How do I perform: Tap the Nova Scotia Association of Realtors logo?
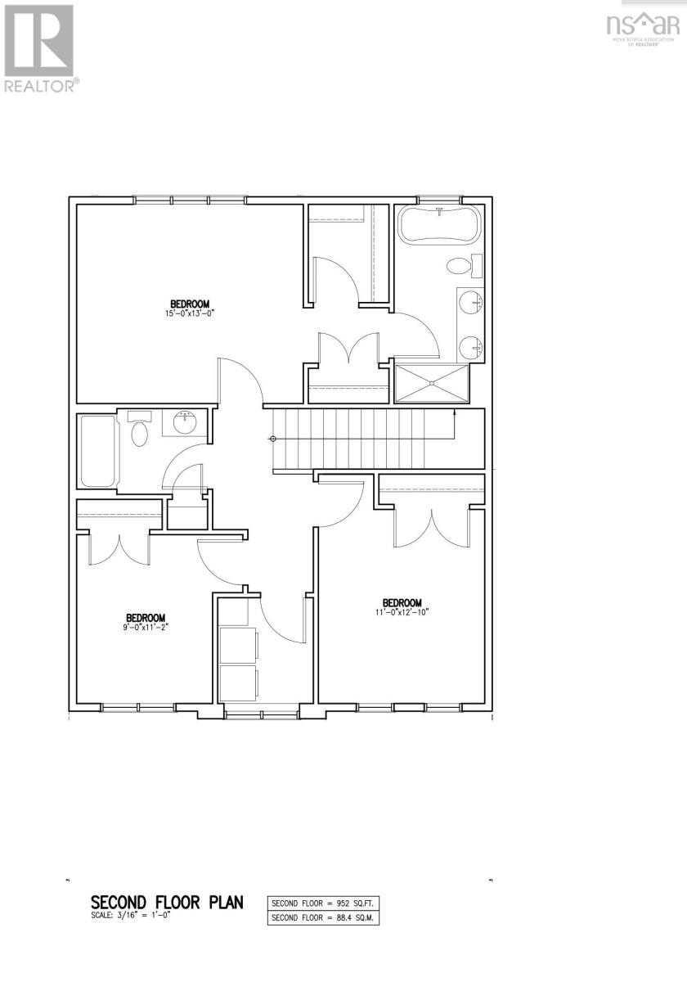click(643, 25)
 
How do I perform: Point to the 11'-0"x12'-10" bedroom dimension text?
click(402, 610)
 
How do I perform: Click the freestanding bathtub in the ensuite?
click(438, 224)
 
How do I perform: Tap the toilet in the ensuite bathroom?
click(460, 267)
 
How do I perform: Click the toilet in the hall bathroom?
click(140, 430)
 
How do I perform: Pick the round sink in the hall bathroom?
click(185, 423)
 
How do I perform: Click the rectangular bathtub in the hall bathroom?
click(98, 451)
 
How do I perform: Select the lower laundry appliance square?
click(239, 683)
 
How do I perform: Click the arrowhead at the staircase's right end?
click(454, 415)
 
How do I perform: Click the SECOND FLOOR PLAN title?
click(167, 903)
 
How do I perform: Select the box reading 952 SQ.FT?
click(324, 904)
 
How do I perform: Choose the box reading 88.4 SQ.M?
click(324, 918)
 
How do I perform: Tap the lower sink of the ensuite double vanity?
click(472, 347)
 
